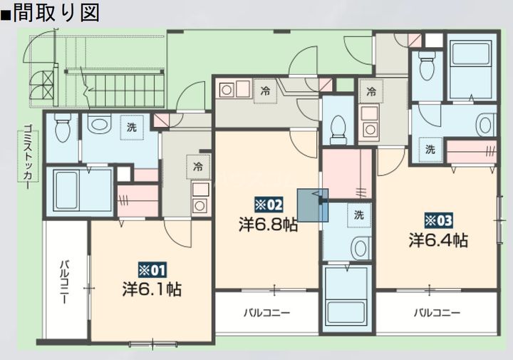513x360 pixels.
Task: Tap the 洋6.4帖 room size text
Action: [438, 240]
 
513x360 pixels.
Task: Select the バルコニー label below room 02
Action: [266, 312]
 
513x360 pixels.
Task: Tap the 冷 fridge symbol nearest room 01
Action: [197, 166]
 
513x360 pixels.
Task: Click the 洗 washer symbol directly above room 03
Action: [430, 149]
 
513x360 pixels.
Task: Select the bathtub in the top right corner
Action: [471, 62]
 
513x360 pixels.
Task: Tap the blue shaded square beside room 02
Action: [312, 205]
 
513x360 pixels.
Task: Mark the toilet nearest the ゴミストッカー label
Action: [61, 129]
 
